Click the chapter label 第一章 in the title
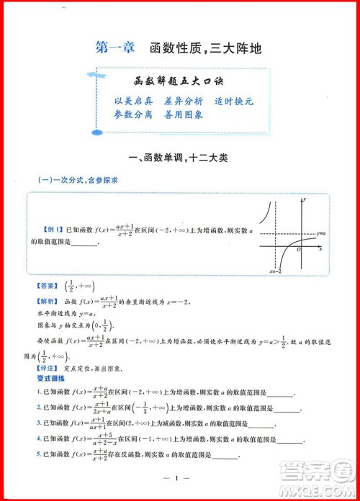[115, 49]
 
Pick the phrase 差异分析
[183, 101]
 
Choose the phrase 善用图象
[183, 115]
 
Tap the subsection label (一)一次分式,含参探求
[78, 181]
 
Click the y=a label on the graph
[322, 235]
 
